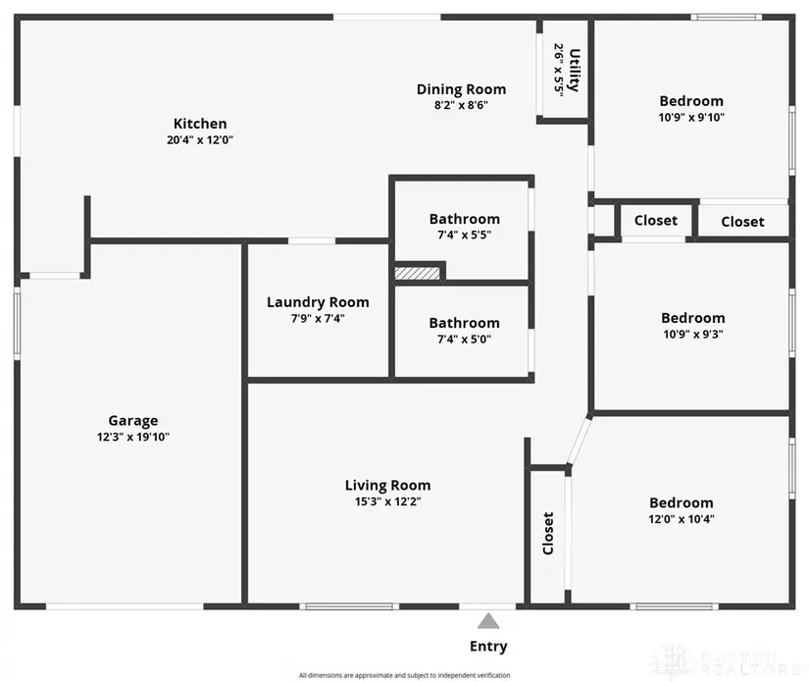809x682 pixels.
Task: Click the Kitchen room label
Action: coord(200,124)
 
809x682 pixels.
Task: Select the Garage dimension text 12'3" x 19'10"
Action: coord(132,438)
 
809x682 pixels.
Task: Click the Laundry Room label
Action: coord(318,302)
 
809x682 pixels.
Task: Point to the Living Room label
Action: coord(387,485)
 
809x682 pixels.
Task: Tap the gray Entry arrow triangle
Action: coord(488,620)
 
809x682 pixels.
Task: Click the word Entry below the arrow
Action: coord(488,646)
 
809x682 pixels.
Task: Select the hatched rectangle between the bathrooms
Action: coord(417,273)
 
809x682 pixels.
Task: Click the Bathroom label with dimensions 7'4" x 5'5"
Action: coord(464,219)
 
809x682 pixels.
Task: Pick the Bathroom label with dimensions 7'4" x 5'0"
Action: coord(464,323)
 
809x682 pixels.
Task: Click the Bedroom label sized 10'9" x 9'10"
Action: coord(691,101)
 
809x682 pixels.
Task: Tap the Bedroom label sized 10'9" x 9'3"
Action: coord(693,318)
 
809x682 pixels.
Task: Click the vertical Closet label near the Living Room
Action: coord(548,533)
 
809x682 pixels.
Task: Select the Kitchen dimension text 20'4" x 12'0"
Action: coord(200,140)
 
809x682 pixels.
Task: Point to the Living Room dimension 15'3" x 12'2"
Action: coord(387,501)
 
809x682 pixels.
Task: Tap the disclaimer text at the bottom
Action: coord(403,675)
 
